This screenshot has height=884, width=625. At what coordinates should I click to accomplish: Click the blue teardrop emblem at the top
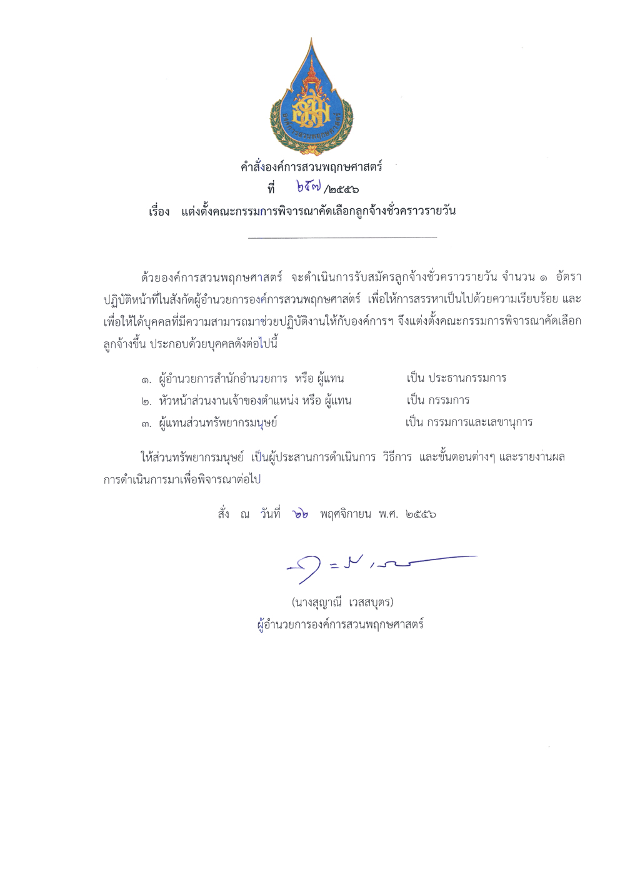pyautogui.click(x=311, y=100)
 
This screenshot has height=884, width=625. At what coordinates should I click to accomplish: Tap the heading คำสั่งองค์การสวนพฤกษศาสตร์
pyautogui.click(x=311, y=167)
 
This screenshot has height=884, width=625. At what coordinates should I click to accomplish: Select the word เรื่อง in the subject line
pyautogui.click(x=159, y=211)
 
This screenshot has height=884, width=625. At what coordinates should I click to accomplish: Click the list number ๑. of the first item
pyautogui.click(x=146, y=379)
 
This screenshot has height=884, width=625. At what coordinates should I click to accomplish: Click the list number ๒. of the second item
pyautogui.click(x=146, y=401)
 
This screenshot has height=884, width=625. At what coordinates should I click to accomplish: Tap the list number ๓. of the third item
pyautogui.click(x=146, y=424)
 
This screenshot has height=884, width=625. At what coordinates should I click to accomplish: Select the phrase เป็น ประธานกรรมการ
pyautogui.click(x=456, y=378)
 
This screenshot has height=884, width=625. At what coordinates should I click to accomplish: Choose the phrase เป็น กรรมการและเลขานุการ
pyautogui.click(x=469, y=423)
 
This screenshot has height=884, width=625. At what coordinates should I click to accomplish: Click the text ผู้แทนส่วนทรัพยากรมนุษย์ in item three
pyautogui.click(x=218, y=423)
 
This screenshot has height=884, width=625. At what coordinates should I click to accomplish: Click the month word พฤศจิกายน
pyautogui.click(x=345, y=515)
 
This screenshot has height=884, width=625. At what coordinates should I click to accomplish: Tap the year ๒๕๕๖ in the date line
pyautogui.click(x=421, y=515)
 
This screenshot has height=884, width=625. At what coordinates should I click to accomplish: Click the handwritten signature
pyautogui.click(x=375, y=566)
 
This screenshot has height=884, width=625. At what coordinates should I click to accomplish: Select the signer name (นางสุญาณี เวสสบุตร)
pyautogui.click(x=342, y=603)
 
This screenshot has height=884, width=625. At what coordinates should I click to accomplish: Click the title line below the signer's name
pyautogui.click(x=341, y=624)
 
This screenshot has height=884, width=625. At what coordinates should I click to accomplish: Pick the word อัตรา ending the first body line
pyautogui.click(x=568, y=277)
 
